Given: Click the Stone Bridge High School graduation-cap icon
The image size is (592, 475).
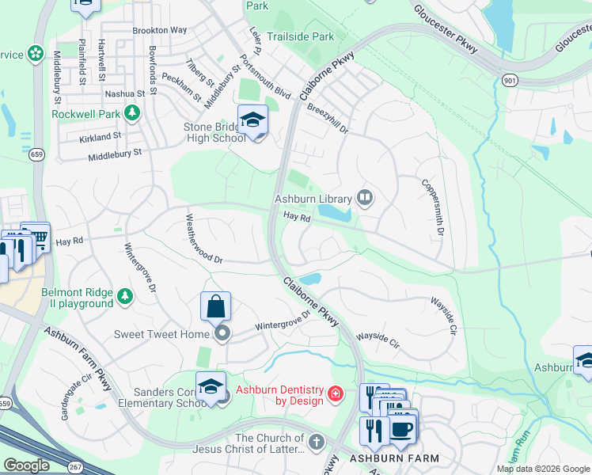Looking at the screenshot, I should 252,120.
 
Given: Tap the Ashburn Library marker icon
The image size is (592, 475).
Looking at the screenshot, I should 365,197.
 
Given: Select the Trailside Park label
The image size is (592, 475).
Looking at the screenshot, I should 300,36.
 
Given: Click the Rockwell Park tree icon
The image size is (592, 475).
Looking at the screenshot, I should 132,114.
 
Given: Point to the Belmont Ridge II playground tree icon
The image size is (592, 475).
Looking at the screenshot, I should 125,297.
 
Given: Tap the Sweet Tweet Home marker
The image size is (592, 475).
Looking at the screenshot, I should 222,334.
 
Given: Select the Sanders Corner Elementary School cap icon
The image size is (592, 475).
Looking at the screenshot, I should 211,386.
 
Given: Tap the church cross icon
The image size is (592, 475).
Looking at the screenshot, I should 317,442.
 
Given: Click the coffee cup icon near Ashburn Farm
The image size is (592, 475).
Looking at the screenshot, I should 402,428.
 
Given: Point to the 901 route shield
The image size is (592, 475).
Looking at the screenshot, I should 509,80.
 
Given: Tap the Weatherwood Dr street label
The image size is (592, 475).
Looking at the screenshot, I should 204,240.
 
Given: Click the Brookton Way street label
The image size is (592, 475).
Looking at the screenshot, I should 160,30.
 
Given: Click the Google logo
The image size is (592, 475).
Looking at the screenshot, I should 25,465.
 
